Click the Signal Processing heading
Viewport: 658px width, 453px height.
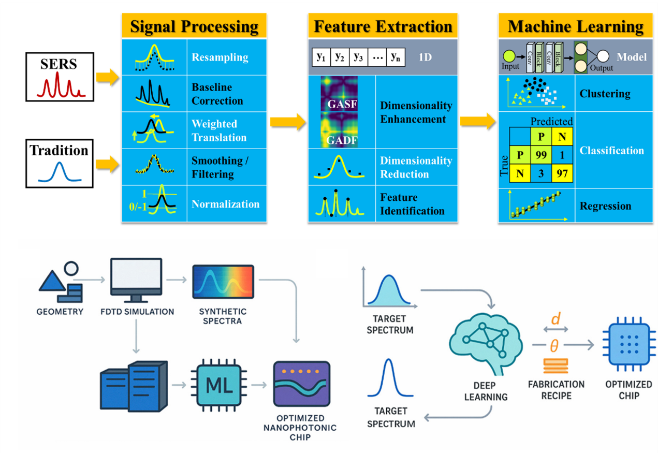point(194,26)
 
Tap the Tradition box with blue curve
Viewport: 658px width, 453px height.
point(59,163)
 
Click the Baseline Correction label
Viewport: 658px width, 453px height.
point(217,94)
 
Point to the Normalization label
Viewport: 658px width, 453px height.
point(226,204)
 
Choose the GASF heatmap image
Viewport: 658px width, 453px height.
point(339,96)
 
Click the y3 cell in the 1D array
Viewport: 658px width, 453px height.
point(358,56)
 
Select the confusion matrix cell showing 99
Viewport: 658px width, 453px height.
point(541,154)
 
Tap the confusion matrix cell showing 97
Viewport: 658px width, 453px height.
point(561,173)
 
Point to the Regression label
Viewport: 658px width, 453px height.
point(605,206)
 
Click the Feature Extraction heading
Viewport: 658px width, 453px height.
point(383,26)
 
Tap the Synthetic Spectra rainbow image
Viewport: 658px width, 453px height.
point(223,283)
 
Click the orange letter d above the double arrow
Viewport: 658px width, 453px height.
point(555,319)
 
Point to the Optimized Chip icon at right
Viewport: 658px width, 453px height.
point(628,344)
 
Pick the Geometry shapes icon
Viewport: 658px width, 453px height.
point(60,283)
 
